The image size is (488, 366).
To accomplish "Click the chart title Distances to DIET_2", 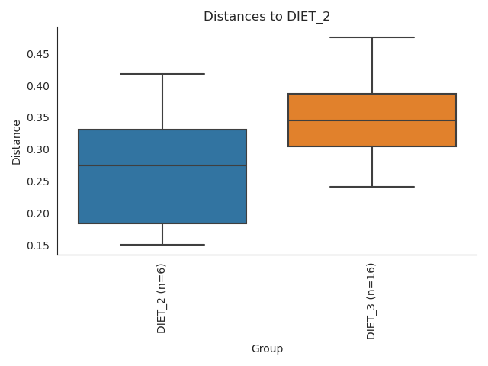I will pyautogui.click(x=267, y=17).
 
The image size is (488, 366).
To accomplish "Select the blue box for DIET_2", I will pyautogui.click(x=162, y=191).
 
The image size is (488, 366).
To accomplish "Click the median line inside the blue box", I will pyautogui.click(x=162, y=165).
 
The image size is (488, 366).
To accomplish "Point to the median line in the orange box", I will pyautogui.click(x=372, y=120).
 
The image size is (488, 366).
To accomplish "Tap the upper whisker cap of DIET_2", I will pyautogui.click(x=162, y=74).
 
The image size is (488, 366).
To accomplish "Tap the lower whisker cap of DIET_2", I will pyautogui.click(x=162, y=245).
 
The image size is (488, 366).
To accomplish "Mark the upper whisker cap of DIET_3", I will pyautogui.click(x=372, y=37).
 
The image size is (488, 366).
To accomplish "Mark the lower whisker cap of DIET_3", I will pyautogui.click(x=372, y=187).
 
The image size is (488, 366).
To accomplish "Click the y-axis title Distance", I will pyautogui.click(x=17, y=141).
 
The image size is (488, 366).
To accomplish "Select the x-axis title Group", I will pyautogui.click(x=267, y=349).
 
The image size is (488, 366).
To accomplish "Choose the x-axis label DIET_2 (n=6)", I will pyautogui.click(x=162, y=298).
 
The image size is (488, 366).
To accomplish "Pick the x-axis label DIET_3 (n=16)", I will pyautogui.click(x=371, y=300).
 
